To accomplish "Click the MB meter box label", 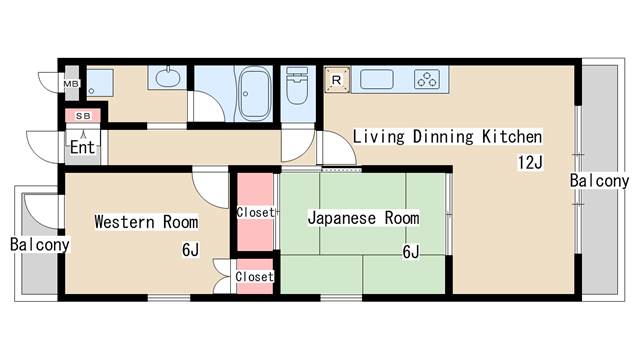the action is pyautogui.click(x=71, y=84).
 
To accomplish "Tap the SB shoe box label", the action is pyautogui.click(x=83, y=116).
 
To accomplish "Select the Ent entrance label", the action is pyautogui.click(x=82, y=147).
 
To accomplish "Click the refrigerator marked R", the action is pyautogui.click(x=337, y=80).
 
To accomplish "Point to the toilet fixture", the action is pyautogui.click(x=298, y=86).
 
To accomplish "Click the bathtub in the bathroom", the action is pyautogui.click(x=254, y=93).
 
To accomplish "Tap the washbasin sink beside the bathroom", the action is pyautogui.click(x=167, y=78).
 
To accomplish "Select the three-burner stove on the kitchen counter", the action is pyautogui.click(x=427, y=79).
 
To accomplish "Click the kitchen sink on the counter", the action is pyautogui.click(x=377, y=79).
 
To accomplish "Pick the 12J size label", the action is pyautogui.click(x=530, y=162).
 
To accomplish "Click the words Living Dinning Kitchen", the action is pyautogui.click(x=447, y=137).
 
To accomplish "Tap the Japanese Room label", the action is pyautogui.click(x=363, y=218).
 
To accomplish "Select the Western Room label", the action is pyautogui.click(x=146, y=222).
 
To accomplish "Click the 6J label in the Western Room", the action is pyautogui.click(x=191, y=250).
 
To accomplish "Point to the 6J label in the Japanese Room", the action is pyautogui.click(x=411, y=252).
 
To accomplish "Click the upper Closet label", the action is pyautogui.click(x=256, y=212).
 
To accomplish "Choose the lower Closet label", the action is pyautogui.click(x=254, y=276).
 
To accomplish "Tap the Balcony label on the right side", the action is pyautogui.click(x=599, y=181).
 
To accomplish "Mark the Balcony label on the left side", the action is pyautogui.click(x=40, y=244).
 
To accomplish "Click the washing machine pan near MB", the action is pyautogui.click(x=100, y=83).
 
